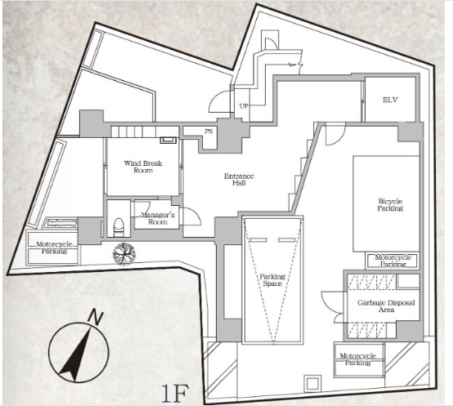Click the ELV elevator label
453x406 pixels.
(x=390, y=100)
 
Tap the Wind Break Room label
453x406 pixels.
(x=143, y=167)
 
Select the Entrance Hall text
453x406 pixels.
(x=239, y=179)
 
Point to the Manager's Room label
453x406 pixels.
(x=158, y=218)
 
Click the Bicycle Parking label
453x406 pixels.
(x=390, y=204)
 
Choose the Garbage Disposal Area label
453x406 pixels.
(x=386, y=306)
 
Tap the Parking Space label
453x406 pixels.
(x=272, y=280)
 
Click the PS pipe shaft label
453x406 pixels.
(x=209, y=132)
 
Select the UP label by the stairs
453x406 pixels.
(x=244, y=106)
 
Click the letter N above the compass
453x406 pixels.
(x=95, y=316)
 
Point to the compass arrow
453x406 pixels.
(x=76, y=353)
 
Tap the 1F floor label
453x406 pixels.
(x=175, y=393)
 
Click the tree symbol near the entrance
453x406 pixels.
(x=124, y=254)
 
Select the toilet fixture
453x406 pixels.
(x=119, y=227)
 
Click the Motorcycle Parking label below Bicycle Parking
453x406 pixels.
(x=393, y=261)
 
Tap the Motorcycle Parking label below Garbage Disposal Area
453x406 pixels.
(x=357, y=359)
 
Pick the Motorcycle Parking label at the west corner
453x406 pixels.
(x=54, y=248)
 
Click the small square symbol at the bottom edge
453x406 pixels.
(x=312, y=384)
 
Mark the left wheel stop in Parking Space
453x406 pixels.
(x=258, y=240)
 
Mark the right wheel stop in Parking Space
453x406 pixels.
(x=286, y=240)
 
